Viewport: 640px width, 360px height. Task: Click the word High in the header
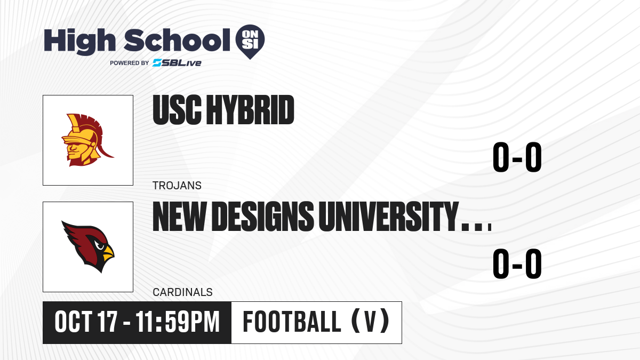pos(79,42)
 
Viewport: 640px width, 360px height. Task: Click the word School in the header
pos(177,40)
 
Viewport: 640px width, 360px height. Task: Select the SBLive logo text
pos(177,63)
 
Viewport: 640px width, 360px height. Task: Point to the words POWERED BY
pos(130,63)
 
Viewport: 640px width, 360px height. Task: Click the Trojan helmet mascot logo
pos(87,140)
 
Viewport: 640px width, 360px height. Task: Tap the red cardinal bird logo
pos(88,246)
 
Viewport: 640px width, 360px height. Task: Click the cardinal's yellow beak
pos(108,253)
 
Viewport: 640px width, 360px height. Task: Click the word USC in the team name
pos(177,110)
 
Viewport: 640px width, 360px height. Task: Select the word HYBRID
pos(250,110)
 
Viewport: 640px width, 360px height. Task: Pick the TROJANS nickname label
pos(177,186)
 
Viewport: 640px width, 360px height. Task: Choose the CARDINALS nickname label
pos(182,292)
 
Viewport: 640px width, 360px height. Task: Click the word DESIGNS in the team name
pos(262,217)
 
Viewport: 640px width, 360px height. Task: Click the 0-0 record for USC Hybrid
pos(517,157)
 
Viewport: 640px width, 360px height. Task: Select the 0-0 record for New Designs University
pos(517,263)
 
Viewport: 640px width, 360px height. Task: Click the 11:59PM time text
pos(178,322)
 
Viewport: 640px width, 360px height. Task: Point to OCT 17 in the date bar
pos(86,322)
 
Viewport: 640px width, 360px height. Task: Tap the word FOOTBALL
pos(292,322)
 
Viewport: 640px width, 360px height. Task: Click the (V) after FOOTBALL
pos(370,321)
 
